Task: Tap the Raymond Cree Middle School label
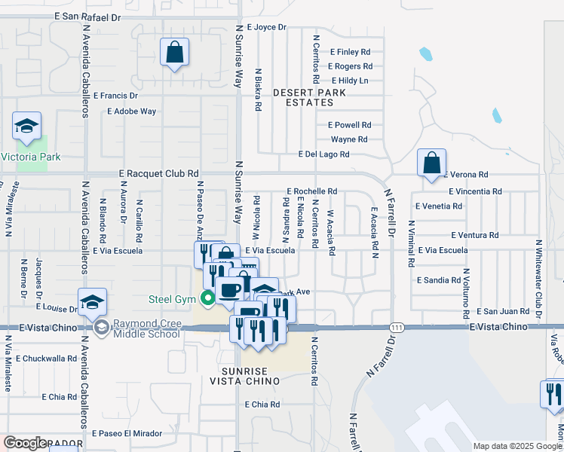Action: pyautogui.click(x=147, y=328)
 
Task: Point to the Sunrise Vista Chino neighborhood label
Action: pyautogui.click(x=250, y=376)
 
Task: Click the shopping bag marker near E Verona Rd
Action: pyautogui.click(x=431, y=163)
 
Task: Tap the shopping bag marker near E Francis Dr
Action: pyautogui.click(x=174, y=53)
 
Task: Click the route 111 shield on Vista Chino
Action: pyautogui.click(x=396, y=327)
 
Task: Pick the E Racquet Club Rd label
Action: pyautogui.click(x=159, y=173)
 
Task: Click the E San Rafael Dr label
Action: pyautogui.click(x=87, y=16)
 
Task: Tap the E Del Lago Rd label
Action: pyautogui.click(x=324, y=154)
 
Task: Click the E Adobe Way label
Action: pyautogui.click(x=131, y=111)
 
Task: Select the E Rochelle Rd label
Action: pyautogui.click(x=311, y=191)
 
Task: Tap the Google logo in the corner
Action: pyautogui.click(x=25, y=443)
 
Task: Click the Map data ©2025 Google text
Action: pyautogui.click(x=516, y=446)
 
